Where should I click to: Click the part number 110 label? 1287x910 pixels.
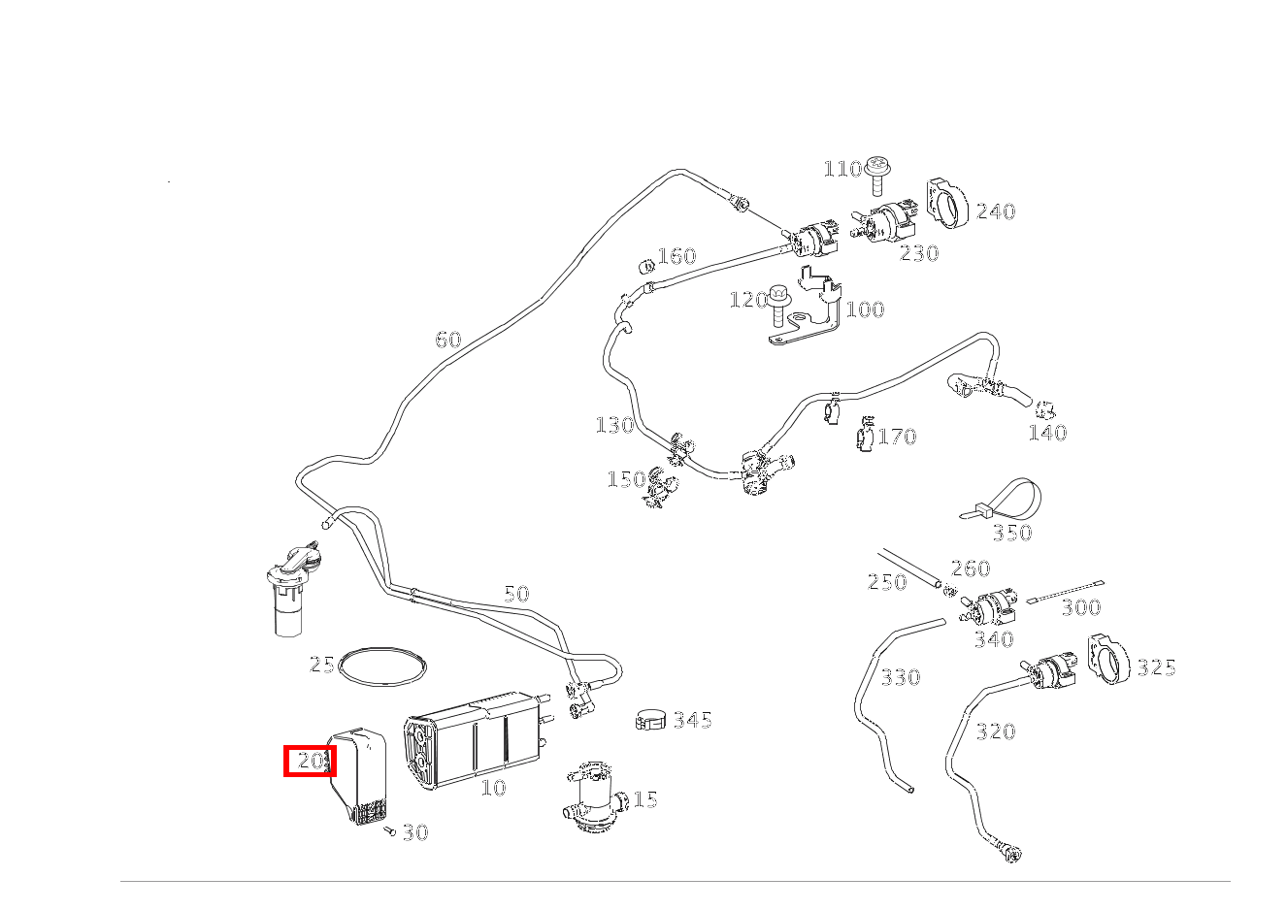point(842,169)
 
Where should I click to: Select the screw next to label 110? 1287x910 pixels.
point(878,175)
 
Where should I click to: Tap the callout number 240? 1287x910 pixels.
point(996,211)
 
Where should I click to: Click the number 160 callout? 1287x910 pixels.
point(676,256)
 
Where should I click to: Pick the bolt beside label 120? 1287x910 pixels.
point(779,305)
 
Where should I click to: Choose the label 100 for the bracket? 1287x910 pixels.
point(865,310)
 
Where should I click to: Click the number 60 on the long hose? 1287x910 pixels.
point(448,340)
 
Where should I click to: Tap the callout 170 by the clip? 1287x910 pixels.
point(898,437)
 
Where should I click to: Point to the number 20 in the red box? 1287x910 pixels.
point(311,762)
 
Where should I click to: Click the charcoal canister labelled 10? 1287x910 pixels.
point(476,741)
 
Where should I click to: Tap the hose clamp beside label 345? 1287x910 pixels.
point(650,720)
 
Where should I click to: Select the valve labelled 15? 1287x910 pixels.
point(595,796)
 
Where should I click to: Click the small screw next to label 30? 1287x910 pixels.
point(389,830)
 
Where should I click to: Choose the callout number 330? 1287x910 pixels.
point(901,677)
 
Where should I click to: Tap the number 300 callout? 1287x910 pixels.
point(1081,607)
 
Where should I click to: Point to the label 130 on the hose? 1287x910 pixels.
point(614,426)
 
